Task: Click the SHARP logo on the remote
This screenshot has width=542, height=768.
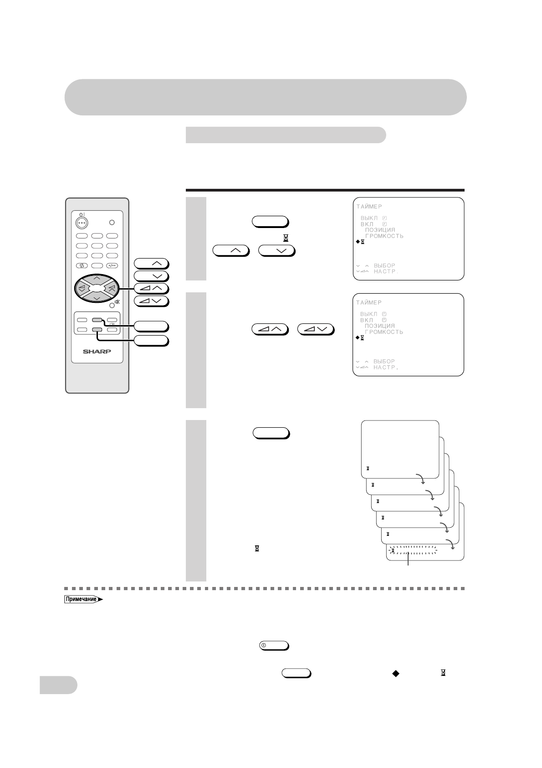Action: click(97, 352)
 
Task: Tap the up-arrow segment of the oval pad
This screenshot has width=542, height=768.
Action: click(97, 278)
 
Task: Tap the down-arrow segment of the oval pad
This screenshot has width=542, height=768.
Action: click(97, 298)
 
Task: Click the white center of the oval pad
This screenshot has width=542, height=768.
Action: click(97, 288)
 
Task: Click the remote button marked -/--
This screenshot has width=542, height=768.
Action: click(112, 266)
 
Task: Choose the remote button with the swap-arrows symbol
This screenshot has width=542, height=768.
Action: click(82, 266)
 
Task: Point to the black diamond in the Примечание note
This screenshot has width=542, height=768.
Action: click(395, 673)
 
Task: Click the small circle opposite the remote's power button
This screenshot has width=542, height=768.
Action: click(112, 222)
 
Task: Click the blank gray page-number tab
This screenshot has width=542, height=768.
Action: click(58, 685)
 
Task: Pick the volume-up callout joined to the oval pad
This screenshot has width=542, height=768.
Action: click(151, 288)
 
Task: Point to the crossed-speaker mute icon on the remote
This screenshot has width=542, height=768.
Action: click(118, 302)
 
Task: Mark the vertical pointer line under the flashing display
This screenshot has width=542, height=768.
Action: click(408, 559)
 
